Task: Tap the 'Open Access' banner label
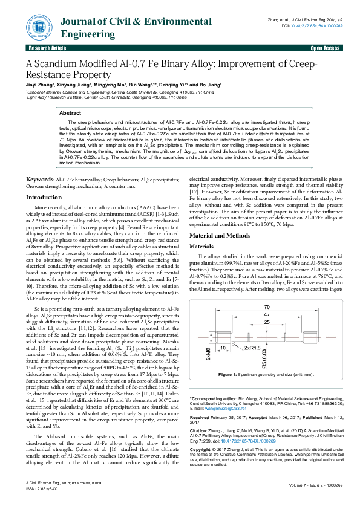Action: click(324, 47)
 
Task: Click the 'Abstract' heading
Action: click(70, 113)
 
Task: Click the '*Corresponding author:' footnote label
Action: click(212, 399)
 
